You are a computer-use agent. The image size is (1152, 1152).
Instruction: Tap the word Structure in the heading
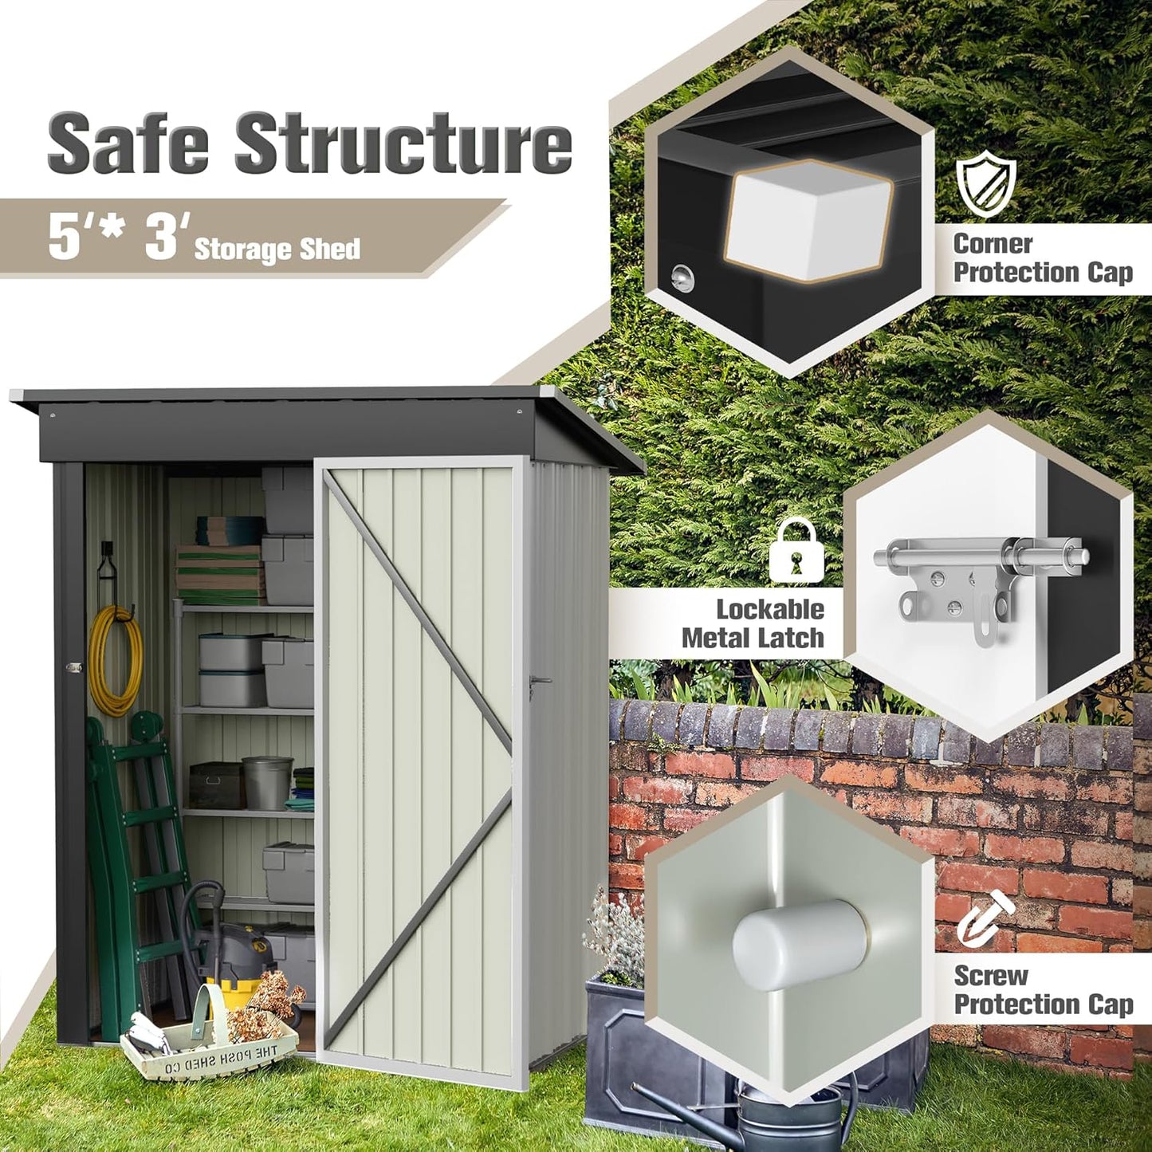(403, 144)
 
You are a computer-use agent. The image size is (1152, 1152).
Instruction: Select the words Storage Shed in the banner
(277, 249)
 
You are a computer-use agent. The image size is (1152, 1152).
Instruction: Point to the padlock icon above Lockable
(796, 552)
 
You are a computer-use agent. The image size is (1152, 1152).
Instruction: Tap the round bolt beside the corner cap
(682, 277)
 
